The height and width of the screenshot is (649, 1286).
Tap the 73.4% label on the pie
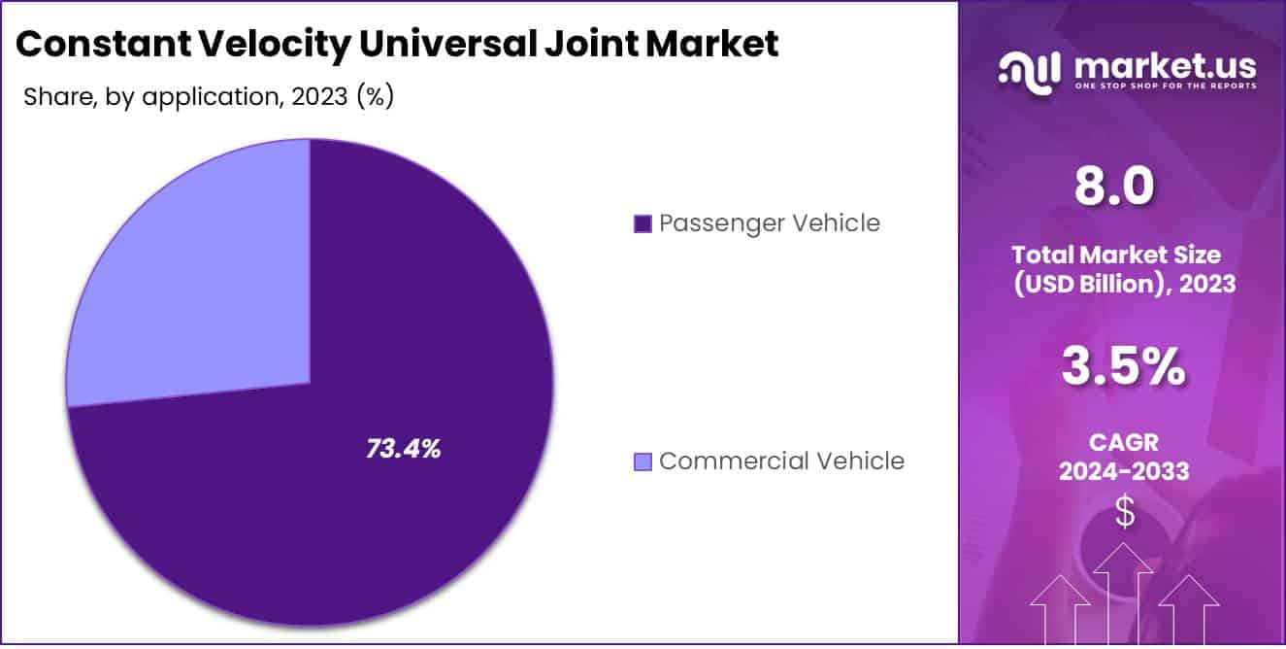[x=404, y=449]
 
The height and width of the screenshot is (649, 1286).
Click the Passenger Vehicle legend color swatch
[x=642, y=224]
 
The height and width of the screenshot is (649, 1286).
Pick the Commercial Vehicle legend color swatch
[x=642, y=461]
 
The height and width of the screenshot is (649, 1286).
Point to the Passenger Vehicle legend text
[x=769, y=223]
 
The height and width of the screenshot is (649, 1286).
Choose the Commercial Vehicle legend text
[x=781, y=461]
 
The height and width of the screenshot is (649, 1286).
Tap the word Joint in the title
[x=562, y=43]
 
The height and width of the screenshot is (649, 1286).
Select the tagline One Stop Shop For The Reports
[x=1165, y=85]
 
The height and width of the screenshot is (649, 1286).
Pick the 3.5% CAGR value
[x=1123, y=367]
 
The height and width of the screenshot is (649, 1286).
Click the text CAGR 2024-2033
[x=1123, y=458]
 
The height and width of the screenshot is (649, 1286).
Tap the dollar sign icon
[x=1124, y=512]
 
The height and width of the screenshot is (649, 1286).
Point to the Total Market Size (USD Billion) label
[x=1123, y=269]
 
